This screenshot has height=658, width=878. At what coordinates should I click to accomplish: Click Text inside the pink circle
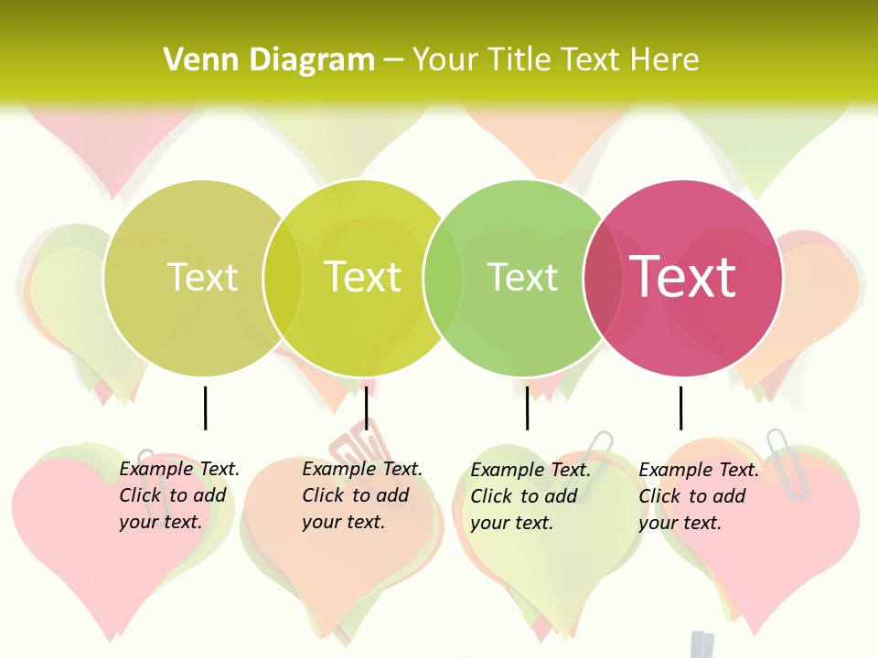[x=682, y=277]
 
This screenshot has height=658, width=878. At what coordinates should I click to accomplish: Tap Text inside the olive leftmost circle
[x=202, y=277]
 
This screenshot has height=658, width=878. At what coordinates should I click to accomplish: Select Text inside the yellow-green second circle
[x=362, y=277]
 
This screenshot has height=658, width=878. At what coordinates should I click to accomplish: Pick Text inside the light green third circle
[x=522, y=277]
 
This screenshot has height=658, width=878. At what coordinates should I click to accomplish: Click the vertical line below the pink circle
[x=680, y=408]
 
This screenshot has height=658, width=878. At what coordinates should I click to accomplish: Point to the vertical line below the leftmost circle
[x=206, y=408]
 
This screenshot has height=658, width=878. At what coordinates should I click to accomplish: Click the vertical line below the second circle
[x=366, y=408]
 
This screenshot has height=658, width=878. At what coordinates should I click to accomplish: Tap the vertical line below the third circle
[x=527, y=408]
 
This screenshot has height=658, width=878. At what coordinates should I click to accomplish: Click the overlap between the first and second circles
[x=283, y=278]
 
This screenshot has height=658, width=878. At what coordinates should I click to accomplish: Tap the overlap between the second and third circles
[x=443, y=278]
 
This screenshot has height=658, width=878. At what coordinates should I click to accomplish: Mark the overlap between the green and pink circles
[x=603, y=278]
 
